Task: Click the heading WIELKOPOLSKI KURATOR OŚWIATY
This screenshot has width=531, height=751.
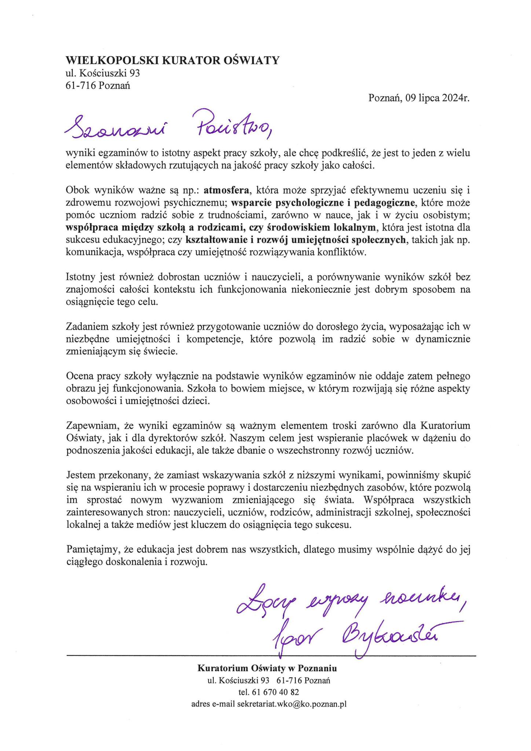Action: (x=172, y=60)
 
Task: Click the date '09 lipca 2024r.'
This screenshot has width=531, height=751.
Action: (x=437, y=98)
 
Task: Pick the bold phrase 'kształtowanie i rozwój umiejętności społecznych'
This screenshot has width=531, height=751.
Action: (x=296, y=240)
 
